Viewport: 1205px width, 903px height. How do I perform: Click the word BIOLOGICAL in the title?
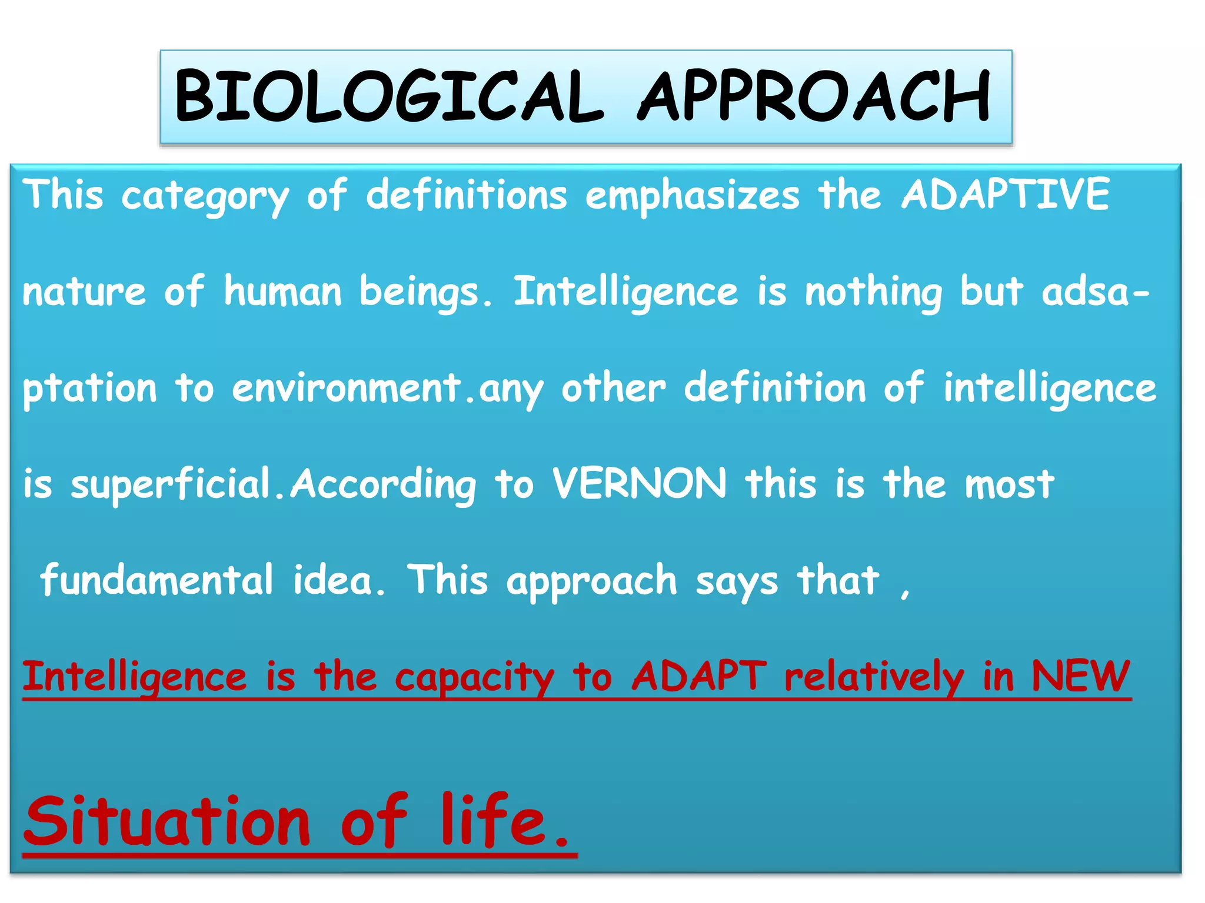pos(388,96)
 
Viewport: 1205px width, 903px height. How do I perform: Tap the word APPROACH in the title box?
pos(814,96)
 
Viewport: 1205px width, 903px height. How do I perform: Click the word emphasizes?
pos(692,196)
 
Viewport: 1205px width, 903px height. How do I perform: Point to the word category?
pos(205,197)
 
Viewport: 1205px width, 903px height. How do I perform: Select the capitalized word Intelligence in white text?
pos(625,292)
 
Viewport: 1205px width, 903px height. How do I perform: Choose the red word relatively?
pos(874,677)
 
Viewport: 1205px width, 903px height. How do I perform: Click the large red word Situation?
pos(167,821)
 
